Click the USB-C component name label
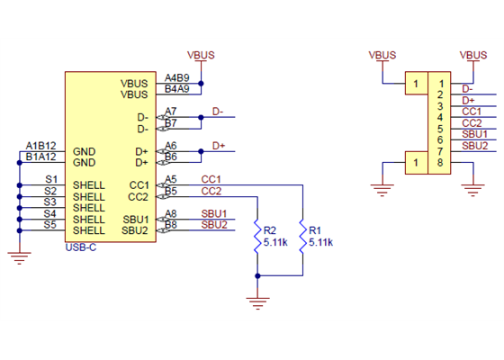pyautogui.click(x=81, y=247)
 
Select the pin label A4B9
pyautogui.click(x=177, y=78)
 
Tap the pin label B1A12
pyautogui.click(x=40, y=157)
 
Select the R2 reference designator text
pyautogui.click(x=270, y=230)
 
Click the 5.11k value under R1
pyautogui.click(x=320, y=243)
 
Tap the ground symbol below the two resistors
pyautogui.click(x=258, y=301)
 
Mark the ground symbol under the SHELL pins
pyautogui.click(x=19, y=257)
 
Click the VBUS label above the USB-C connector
pyautogui.click(x=201, y=55)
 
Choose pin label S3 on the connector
pyautogui.click(x=51, y=202)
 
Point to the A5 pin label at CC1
pyautogui.click(x=171, y=179)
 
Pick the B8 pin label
pyautogui.click(x=171, y=225)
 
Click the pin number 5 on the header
pyautogui.click(x=439, y=129)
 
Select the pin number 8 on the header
pyautogui.click(x=439, y=163)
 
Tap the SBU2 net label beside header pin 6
pyautogui.click(x=474, y=145)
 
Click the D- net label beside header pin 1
pyautogui.click(x=467, y=88)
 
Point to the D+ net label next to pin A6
pyautogui.click(x=219, y=145)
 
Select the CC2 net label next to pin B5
pyautogui.click(x=211, y=191)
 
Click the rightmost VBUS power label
pyautogui.click(x=473, y=55)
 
